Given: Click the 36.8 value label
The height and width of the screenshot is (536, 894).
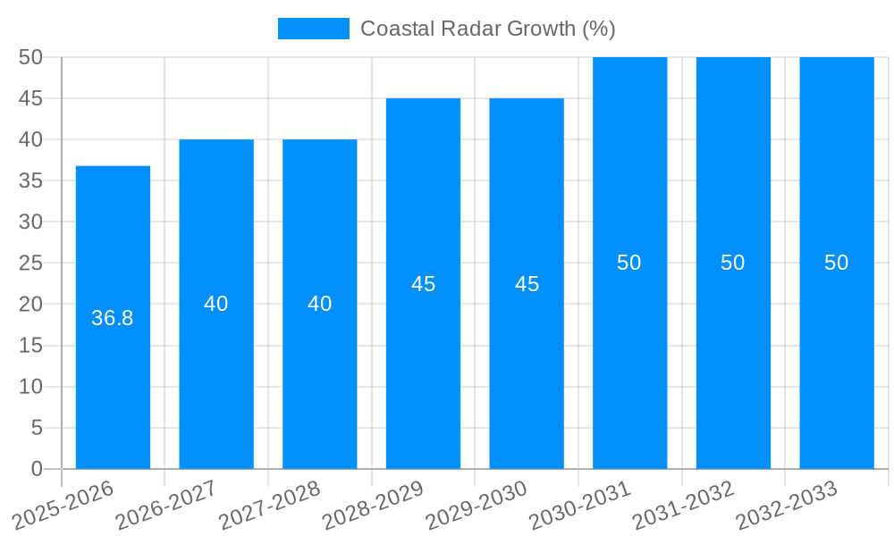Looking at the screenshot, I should (x=113, y=318).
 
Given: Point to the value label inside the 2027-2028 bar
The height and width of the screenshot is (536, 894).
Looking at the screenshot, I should (x=320, y=304).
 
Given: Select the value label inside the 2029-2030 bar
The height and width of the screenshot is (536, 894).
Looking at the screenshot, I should (x=527, y=284).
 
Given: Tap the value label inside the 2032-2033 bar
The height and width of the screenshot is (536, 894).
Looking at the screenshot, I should (x=837, y=263).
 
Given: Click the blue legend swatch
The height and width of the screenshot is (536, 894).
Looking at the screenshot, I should (x=314, y=29).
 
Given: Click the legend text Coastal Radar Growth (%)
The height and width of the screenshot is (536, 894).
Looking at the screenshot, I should (x=487, y=29).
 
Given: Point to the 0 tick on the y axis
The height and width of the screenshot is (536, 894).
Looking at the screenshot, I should (x=37, y=469).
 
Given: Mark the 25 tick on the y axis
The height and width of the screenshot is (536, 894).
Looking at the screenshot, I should (x=31, y=263).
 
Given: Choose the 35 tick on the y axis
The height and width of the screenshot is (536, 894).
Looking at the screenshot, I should (x=31, y=180).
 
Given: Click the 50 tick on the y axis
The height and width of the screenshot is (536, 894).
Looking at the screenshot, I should (x=31, y=57).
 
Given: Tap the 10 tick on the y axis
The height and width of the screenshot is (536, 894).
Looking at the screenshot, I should (x=31, y=387).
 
